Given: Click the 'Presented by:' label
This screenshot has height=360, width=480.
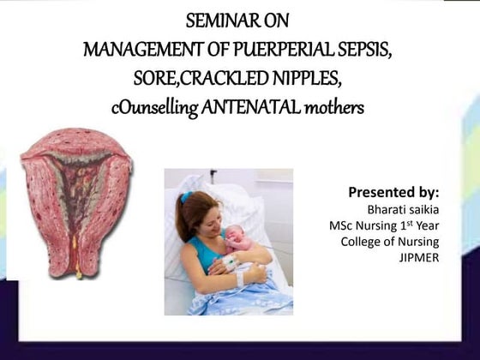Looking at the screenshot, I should tap(393, 191).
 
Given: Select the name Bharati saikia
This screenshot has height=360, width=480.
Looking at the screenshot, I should tap(402, 208).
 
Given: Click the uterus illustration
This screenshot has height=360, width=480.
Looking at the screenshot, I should tap(75, 201).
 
